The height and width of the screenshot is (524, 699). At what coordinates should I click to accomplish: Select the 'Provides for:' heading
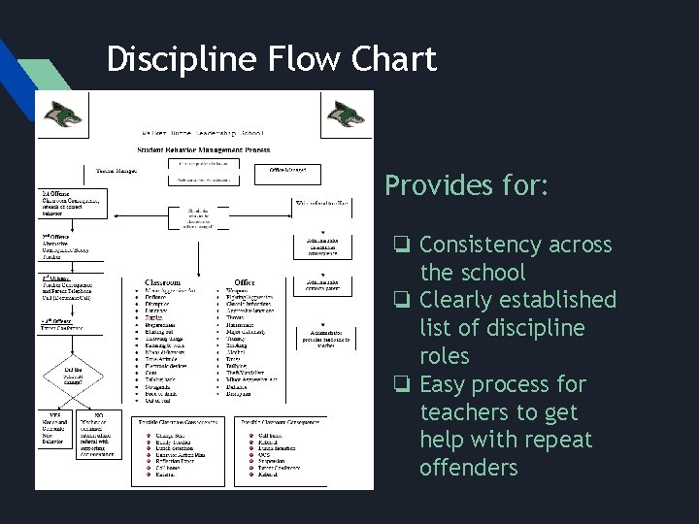[466, 186]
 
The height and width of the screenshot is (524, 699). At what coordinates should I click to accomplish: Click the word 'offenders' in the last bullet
[468, 468]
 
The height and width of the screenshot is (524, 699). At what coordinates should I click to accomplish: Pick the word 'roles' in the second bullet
[444, 356]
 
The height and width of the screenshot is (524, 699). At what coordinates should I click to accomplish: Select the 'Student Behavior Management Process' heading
[205, 150]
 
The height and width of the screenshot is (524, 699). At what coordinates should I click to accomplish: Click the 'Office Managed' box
[288, 171]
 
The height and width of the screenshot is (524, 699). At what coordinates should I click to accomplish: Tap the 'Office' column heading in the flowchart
[244, 282]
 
